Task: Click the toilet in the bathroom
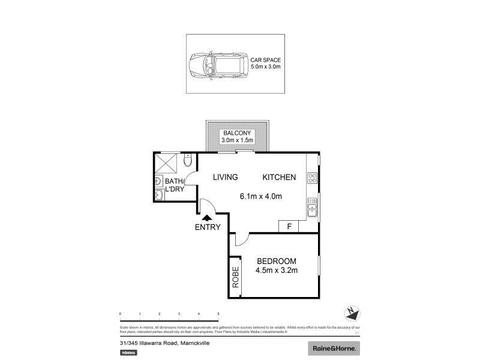pos(188,161)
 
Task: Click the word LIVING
pos(226,177)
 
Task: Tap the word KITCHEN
pos(278,177)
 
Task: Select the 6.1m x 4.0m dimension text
pos(261,196)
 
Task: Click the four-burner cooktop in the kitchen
pos(312,178)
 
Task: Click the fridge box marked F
pos(289,227)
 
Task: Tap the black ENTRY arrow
pos(208,218)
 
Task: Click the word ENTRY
pos(208,227)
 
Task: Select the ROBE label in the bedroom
pos(235,277)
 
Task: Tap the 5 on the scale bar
pos(218,314)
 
